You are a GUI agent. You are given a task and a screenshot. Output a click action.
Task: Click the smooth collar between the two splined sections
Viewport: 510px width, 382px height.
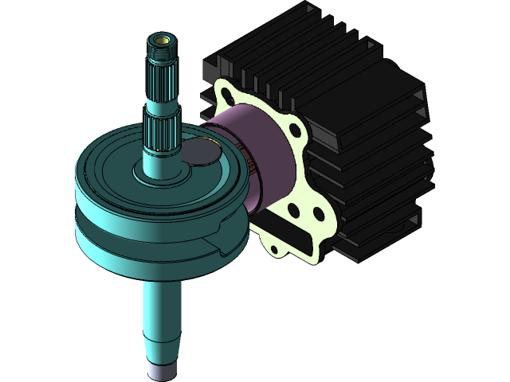tap(162, 104)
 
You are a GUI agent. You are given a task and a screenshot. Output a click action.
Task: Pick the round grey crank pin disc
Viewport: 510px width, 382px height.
tap(199, 151)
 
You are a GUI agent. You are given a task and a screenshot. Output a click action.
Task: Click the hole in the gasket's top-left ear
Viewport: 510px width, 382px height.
tap(226, 98)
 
